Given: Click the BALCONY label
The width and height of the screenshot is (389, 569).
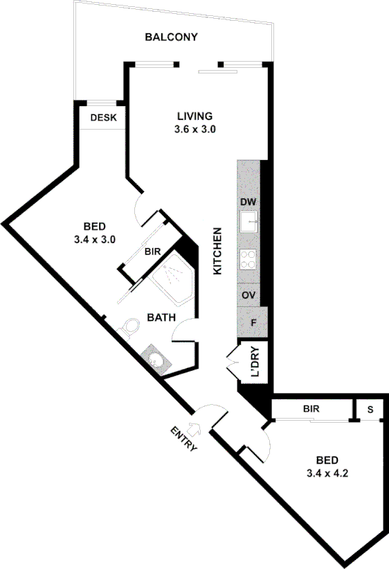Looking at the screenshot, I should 171,37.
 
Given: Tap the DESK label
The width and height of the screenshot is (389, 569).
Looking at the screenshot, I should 102,118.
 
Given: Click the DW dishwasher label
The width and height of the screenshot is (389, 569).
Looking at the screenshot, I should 248,202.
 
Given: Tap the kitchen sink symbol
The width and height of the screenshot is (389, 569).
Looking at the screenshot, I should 248,222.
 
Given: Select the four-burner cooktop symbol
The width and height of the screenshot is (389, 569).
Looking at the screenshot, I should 248,259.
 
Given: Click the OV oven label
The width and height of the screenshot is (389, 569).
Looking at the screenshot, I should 248,295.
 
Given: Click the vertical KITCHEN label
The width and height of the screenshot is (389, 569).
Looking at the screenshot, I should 217,251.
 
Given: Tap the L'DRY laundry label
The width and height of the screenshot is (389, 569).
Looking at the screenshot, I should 255,362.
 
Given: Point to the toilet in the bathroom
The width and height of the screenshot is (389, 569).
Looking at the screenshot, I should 130,327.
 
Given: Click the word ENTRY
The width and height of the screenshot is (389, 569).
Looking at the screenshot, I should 184,438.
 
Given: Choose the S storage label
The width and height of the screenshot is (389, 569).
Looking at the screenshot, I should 370,409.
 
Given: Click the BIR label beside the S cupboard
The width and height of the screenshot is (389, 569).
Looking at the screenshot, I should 311,409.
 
